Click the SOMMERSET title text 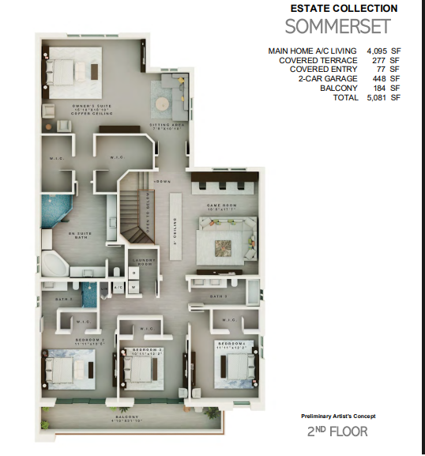click(x=337, y=27)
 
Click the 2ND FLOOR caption click(x=337, y=432)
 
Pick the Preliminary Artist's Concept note click(x=337, y=416)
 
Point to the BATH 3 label click(x=218, y=296)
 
